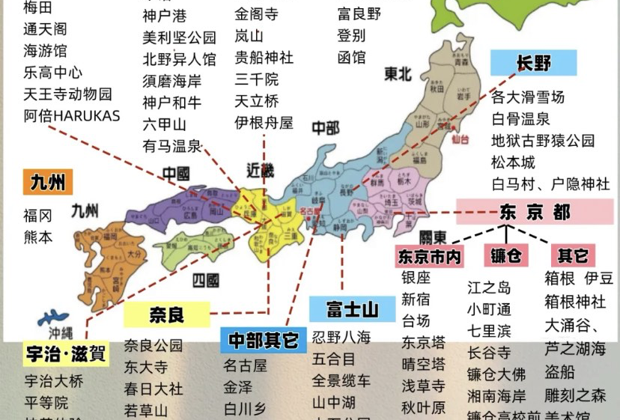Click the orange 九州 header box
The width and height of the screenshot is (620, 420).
click(47, 181)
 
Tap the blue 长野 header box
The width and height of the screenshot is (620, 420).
click(533, 62)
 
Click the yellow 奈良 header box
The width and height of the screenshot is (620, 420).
click(166, 314)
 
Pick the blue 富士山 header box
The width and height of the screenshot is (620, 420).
click(351, 308)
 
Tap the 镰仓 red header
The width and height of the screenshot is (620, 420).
click(505, 255)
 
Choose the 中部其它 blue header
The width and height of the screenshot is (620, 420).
click(263, 340)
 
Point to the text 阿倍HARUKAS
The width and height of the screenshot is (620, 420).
click(72, 116)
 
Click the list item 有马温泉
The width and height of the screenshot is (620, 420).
click(172, 146)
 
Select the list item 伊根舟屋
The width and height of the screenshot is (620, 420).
click(264, 123)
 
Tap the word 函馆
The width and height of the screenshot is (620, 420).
click(351, 57)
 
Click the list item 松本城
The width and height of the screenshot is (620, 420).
click(513, 162)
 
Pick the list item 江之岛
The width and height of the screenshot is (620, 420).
click(489, 287)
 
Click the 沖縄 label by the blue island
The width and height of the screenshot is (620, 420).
click(62, 332)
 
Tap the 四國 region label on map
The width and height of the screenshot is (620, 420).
click(205, 281)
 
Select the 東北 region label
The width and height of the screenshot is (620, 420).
click(398, 74)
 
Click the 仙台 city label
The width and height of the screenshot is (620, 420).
click(461, 139)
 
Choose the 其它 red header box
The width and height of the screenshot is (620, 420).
click(572, 255)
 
